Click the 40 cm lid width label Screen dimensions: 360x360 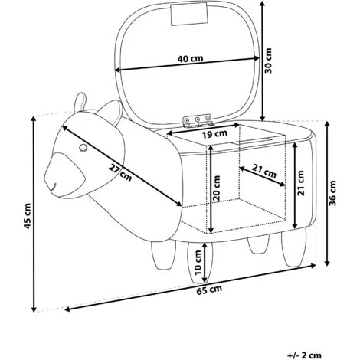(190, 59)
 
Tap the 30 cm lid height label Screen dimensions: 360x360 (268, 61)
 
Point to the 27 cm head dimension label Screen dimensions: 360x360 (120, 172)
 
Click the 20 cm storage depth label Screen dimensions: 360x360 (216, 188)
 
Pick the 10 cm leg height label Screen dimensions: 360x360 (198, 262)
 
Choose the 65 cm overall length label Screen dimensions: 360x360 (209, 290)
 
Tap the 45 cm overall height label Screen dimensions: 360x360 (27, 216)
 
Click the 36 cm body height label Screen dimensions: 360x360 (332, 193)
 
